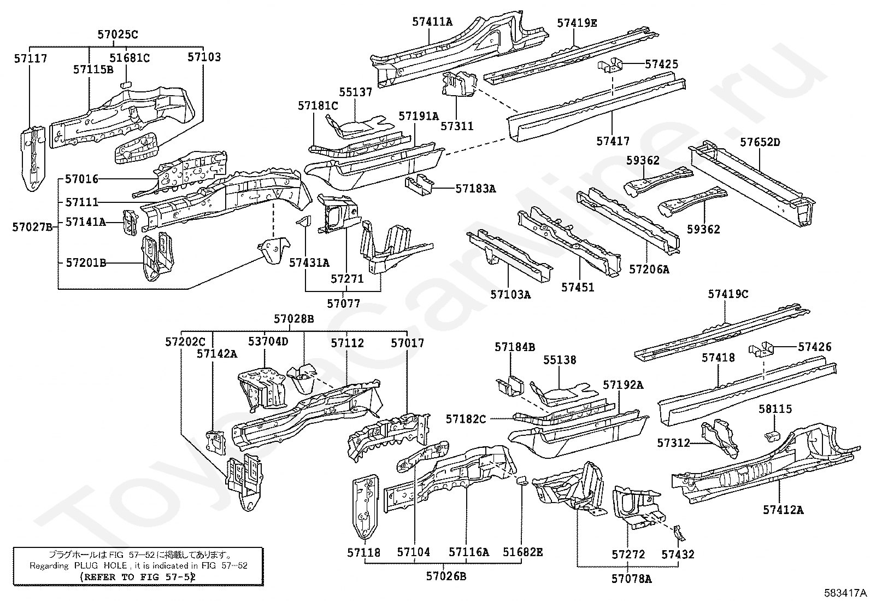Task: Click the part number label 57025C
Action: pos(117,34)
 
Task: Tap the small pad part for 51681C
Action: pos(126,84)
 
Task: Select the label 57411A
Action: pos(432,22)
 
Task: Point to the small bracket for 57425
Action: pos(610,65)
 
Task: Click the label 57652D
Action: pos(760,143)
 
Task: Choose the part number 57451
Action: pos(578,287)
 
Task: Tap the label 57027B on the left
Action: pos(32,227)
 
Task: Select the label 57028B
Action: pos(294,319)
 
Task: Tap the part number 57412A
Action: pos(783,510)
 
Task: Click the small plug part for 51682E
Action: pos(522,481)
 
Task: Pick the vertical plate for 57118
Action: pos(364,506)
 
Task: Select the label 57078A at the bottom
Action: pos(631,579)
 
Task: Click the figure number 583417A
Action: pos(845,592)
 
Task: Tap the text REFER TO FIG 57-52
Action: pos(137,576)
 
